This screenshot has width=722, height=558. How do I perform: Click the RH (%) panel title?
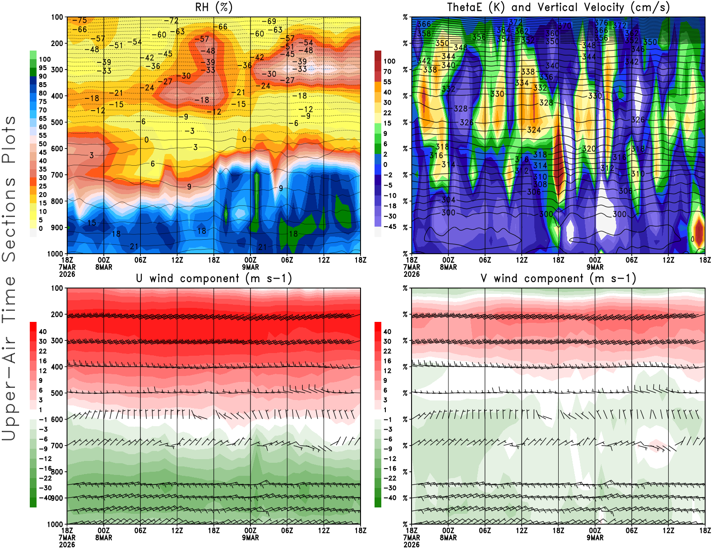(x=213, y=7)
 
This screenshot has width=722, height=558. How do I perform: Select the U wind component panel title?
(x=213, y=279)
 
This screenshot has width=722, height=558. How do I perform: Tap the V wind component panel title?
(x=558, y=279)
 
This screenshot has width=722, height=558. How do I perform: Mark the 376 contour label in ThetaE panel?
(x=601, y=23)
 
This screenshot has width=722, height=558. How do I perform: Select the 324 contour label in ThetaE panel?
(x=534, y=130)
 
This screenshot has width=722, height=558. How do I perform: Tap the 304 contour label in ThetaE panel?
(x=448, y=200)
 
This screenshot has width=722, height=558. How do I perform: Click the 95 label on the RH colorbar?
(x=42, y=68)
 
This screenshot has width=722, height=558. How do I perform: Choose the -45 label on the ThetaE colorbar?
(x=390, y=227)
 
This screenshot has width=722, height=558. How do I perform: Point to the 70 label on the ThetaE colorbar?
(x=387, y=71)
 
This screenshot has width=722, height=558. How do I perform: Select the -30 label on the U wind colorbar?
(x=45, y=488)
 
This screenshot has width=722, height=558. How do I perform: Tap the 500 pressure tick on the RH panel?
(x=57, y=122)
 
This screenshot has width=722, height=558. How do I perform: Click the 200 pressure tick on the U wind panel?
(x=57, y=314)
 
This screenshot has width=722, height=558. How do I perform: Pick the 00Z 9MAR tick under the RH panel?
(x=250, y=263)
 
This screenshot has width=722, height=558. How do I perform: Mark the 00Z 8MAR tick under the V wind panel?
(x=448, y=534)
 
